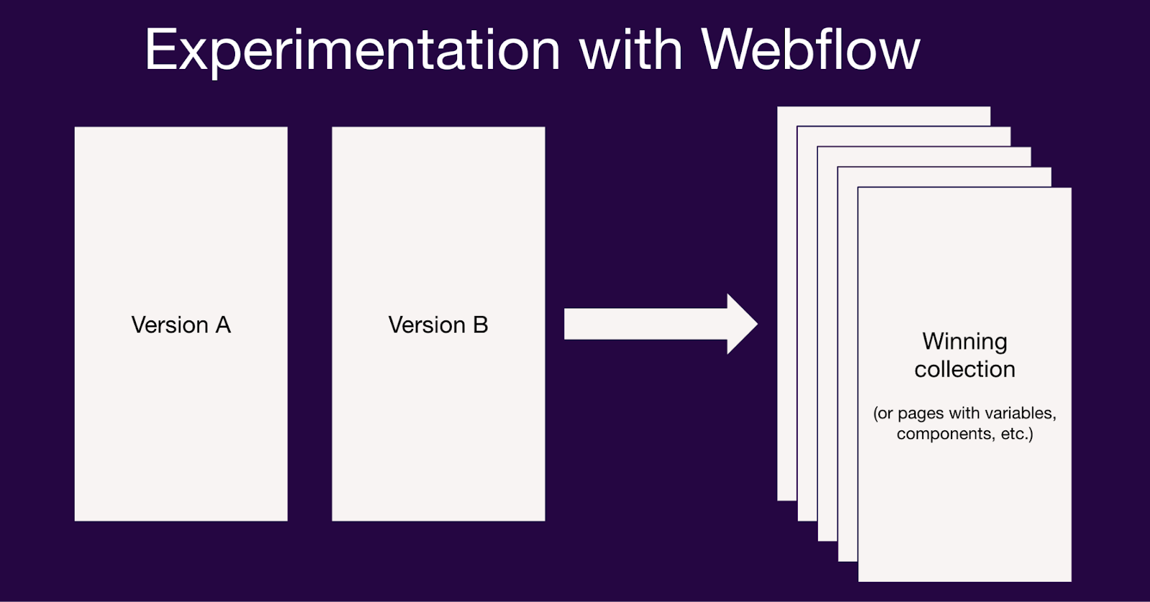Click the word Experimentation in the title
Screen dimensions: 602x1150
point(352,50)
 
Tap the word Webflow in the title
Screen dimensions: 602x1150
point(810,50)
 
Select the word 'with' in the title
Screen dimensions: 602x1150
point(630,50)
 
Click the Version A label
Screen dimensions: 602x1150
point(181,325)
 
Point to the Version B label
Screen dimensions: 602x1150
point(438,325)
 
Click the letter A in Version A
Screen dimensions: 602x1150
point(223,325)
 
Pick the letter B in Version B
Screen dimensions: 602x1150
point(481,325)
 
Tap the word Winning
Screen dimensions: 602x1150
point(965,341)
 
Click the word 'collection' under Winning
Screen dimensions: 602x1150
point(965,369)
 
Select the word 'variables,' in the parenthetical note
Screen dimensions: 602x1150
point(1020,413)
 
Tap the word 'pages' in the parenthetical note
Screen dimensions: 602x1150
point(921,414)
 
